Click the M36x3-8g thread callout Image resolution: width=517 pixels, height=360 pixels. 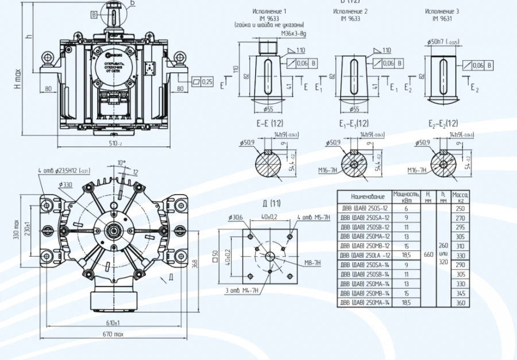pyautogui.click(x=293, y=34)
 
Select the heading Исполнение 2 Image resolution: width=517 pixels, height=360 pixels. pyautogui.click(x=350, y=11)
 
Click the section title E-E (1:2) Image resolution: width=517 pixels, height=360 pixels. pyautogui.click(x=269, y=123)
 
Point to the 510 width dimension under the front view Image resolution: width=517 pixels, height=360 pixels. pyautogui.click(x=116, y=144)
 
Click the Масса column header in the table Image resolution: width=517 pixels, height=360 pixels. pyautogui.click(x=460, y=196)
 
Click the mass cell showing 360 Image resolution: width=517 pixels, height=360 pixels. pyautogui.click(x=460, y=302)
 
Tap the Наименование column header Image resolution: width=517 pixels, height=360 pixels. pyautogui.click(x=364, y=196)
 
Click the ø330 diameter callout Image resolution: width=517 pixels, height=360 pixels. pyautogui.click(x=64, y=184)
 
